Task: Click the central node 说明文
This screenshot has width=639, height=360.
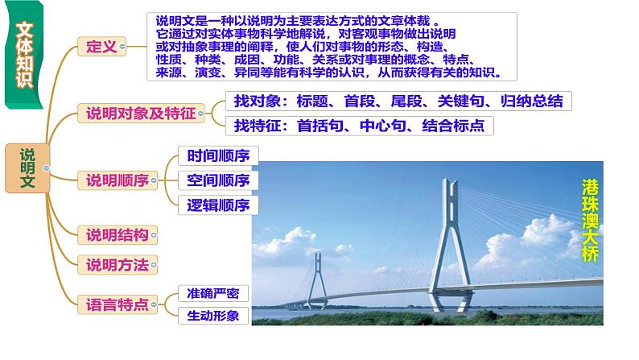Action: click(x=27, y=168)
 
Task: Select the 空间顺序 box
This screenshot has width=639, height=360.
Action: click(x=216, y=180)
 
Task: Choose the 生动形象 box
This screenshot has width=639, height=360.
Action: click(x=212, y=316)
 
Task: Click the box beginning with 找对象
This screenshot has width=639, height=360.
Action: click(x=399, y=102)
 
